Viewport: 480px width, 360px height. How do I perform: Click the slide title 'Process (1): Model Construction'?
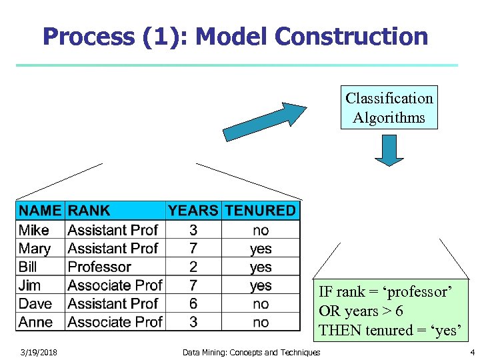[x=235, y=36]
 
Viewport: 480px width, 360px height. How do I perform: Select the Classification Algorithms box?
[x=389, y=107]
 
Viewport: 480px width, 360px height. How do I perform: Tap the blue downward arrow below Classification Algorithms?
[x=389, y=150]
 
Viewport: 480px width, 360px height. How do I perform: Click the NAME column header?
[x=40, y=211]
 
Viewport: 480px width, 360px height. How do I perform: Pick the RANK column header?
[x=89, y=211]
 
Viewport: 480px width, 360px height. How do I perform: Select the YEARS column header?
[x=193, y=211]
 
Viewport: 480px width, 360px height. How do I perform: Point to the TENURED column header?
[x=260, y=211]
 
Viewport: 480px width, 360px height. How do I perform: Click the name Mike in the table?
[x=34, y=230]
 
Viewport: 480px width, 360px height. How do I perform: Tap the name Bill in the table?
[x=28, y=267]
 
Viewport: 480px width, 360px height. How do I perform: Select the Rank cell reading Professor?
[x=99, y=267]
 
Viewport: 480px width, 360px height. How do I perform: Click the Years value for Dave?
[x=193, y=303]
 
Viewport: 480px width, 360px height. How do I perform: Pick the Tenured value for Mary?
[x=261, y=249]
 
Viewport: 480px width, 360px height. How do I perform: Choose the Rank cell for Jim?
[x=115, y=285]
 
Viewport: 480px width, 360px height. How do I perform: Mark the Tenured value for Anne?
[x=261, y=322]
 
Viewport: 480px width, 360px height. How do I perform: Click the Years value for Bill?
[x=193, y=267]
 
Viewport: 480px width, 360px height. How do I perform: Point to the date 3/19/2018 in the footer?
[x=38, y=352]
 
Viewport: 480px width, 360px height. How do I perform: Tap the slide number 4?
[x=472, y=352]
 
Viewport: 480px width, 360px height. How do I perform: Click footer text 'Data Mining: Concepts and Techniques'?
[x=251, y=352]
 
